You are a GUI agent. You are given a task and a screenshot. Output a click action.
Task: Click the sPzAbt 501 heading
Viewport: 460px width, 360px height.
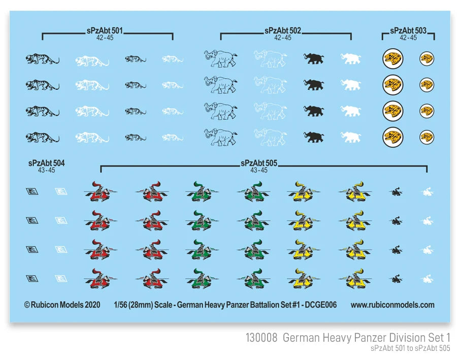click(x=105, y=30)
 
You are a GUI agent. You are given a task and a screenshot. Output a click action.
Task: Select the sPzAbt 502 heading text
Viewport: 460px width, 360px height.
click(x=282, y=30)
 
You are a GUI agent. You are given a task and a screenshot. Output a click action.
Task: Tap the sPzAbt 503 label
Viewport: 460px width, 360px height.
click(x=408, y=30)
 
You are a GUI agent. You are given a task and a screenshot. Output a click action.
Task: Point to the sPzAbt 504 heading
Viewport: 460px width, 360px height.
click(x=46, y=163)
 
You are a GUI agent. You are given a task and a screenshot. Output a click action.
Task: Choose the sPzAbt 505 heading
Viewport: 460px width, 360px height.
click(x=259, y=163)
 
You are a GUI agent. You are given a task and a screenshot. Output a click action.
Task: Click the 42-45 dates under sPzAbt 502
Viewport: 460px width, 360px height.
click(x=283, y=38)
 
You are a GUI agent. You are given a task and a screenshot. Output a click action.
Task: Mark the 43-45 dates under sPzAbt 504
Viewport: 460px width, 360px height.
click(x=46, y=170)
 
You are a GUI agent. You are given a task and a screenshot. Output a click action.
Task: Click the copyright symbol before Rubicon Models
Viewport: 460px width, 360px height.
click(x=27, y=305)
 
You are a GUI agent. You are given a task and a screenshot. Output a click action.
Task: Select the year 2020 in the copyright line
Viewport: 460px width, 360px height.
click(x=92, y=305)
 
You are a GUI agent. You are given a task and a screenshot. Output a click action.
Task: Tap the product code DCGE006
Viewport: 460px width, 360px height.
click(x=321, y=305)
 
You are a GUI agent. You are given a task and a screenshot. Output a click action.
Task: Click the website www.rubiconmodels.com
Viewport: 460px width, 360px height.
click(x=392, y=305)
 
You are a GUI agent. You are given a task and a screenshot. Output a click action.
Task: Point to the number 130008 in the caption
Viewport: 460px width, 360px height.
click(x=261, y=338)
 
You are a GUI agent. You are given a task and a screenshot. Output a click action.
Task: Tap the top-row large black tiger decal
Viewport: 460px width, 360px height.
click(x=42, y=59)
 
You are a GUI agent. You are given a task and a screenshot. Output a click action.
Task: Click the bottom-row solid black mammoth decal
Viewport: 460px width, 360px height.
click(x=314, y=137)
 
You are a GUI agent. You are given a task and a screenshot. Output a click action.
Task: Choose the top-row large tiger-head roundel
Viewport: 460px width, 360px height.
click(x=393, y=59)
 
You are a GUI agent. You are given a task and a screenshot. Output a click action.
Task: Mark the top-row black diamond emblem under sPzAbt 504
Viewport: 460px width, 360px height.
click(x=32, y=191)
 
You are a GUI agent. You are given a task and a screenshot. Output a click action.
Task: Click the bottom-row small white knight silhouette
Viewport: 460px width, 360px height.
click(x=427, y=279)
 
